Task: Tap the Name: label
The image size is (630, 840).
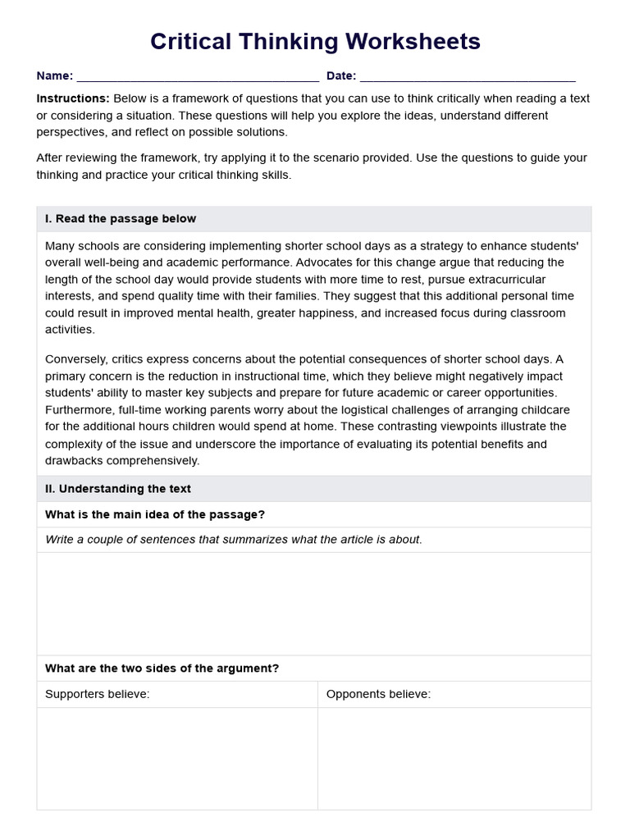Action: click(x=54, y=76)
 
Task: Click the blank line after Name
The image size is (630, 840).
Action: click(x=197, y=78)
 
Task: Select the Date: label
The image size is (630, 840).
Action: click(x=341, y=76)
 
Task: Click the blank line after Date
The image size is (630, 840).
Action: click(x=468, y=78)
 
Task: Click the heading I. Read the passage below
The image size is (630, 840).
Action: click(x=121, y=219)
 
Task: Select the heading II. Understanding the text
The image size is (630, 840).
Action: click(x=118, y=489)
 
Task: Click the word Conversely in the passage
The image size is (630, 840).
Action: click(x=76, y=359)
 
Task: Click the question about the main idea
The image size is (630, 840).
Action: click(x=155, y=514)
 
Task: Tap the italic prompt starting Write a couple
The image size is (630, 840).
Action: click(x=234, y=540)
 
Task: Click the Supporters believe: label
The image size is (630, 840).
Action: click(x=98, y=694)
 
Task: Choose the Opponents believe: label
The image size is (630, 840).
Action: click(x=378, y=694)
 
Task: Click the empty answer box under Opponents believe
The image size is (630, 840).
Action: click(x=454, y=758)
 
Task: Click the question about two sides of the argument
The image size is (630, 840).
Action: click(x=162, y=669)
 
